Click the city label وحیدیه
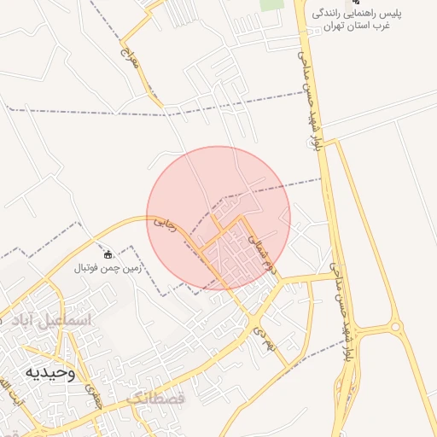[50, 373]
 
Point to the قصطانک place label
[155, 399]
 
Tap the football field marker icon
[108, 254]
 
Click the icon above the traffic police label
[356, 3]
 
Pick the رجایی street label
[164, 224]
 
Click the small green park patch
[271, 4]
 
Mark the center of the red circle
[218, 218]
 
